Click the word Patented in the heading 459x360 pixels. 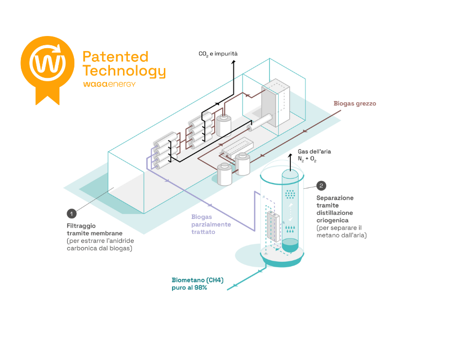tap(115, 56)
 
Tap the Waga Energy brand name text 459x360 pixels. tap(109, 84)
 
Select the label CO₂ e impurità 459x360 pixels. tap(218, 54)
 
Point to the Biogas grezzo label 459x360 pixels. tap(354, 104)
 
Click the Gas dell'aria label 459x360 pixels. tap(314, 152)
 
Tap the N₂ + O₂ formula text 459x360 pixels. tap(307, 160)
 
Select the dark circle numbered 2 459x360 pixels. tap(321, 185)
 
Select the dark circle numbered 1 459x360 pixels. tap(72, 213)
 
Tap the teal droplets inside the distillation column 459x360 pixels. tap(291, 228)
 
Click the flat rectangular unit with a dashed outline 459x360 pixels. tap(237, 148)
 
